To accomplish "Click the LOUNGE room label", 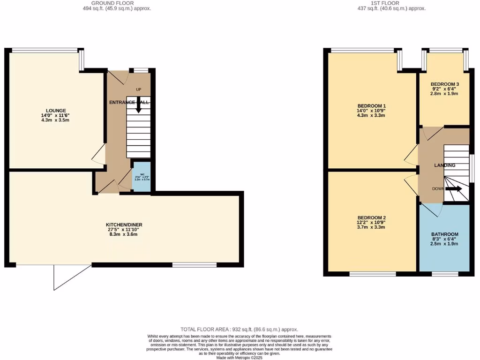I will tap(56, 111).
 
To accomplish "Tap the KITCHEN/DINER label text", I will tap(124, 225).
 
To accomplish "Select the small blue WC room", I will tap(142, 177).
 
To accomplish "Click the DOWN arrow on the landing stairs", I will tap(453, 189).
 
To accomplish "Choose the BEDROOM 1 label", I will tap(371, 105).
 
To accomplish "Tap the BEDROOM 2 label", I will tap(371, 217).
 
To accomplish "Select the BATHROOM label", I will tap(444, 234).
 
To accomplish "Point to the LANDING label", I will tap(444, 165).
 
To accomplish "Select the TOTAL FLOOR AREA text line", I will tap(240, 330).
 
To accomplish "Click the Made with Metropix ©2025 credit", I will tap(240, 358).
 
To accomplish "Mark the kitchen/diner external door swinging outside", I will tap(70, 278).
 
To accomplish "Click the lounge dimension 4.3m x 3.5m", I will tap(56, 120).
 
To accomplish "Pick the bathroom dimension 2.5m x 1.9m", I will tap(444, 244).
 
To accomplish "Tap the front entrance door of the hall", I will tap(117, 78).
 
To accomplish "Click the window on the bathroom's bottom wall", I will tap(444, 273).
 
